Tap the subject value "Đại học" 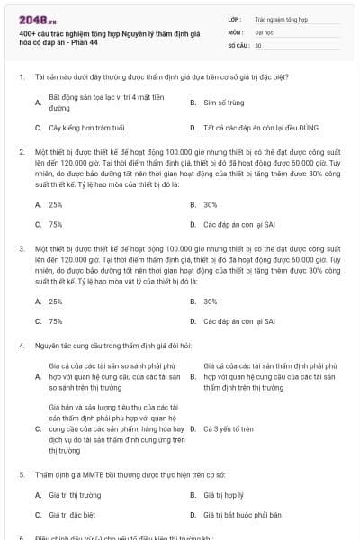[x=264, y=31]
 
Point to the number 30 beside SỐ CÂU [x=258, y=44]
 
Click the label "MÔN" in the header [x=235, y=31]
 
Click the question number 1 [x=21, y=77]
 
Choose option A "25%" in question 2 [x=56, y=204]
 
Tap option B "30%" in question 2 [x=211, y=204]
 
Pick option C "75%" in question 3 [x=56, y=320]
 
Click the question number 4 [x=21, y=345]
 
